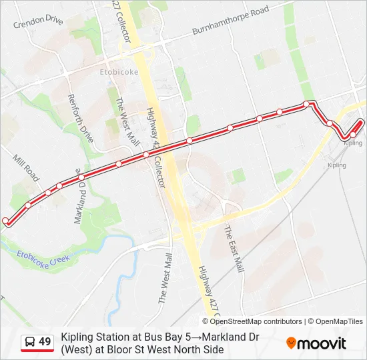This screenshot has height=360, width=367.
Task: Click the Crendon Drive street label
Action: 37,21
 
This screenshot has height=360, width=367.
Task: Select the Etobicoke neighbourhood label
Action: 119,71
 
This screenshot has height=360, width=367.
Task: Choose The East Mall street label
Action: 233,249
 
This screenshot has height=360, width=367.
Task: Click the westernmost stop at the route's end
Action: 6,221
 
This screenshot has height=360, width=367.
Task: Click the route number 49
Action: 45,342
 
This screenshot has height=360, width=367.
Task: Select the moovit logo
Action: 316,343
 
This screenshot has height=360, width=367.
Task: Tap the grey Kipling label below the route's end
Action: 337,165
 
